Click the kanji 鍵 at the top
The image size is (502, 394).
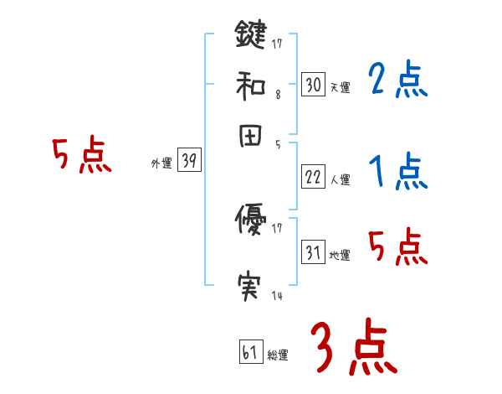[x=251, y=36]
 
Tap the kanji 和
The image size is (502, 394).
[x=251, y=86]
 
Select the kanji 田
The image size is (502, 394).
[x=251, y=137]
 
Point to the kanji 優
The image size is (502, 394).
[x=251, y=221]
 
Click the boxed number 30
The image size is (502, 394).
[x=313, y=85]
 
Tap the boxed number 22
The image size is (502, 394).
[x=313, y=175]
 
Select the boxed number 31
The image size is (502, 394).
[x=313, y=252]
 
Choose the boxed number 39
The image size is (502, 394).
[x=189, y=162]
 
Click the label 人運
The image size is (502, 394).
[x=340, y=179]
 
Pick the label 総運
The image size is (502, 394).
[x=278, y=355]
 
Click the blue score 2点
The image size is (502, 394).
[x=397, y=81]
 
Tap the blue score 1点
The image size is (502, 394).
[x=397, y=171]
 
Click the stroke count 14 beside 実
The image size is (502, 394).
[x=276, y=296]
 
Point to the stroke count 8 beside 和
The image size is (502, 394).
[x=278, y=95]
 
